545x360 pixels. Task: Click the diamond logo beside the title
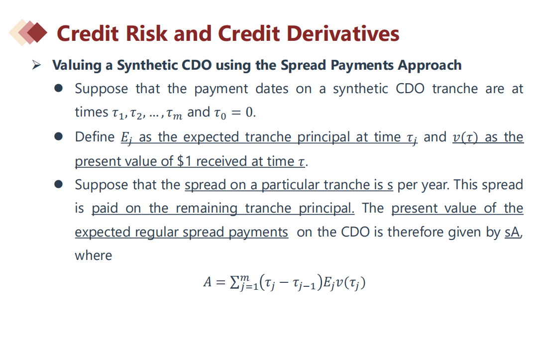coord(28,32)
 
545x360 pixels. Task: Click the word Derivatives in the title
coord(343,34)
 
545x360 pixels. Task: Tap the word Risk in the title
coord(146,34)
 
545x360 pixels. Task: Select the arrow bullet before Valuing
coord(36,65)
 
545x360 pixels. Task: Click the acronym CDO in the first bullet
coord(410,89)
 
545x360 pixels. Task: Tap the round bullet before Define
coord(58,136)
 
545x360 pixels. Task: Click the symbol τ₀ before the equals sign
coord(220,113)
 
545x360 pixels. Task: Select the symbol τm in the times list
coord(174,113)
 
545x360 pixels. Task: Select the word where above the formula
coord(94,255)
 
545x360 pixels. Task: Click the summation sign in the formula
coord(235,282)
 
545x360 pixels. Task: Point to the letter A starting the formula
coord(208,282)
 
